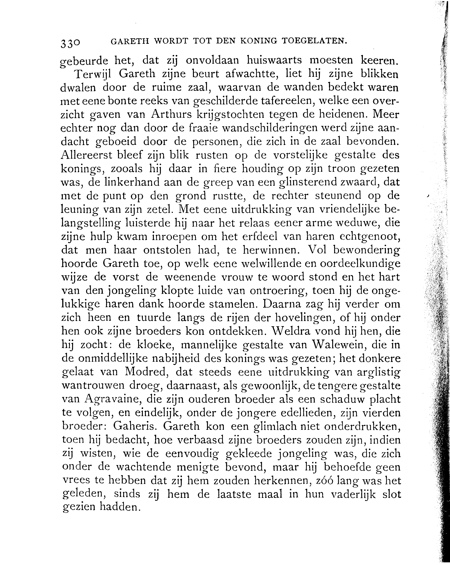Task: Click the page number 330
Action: (x=70, y=43)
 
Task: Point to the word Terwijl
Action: (x=93, y=75)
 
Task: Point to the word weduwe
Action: (x=357, y=223)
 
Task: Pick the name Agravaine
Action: (x=113, y=399)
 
